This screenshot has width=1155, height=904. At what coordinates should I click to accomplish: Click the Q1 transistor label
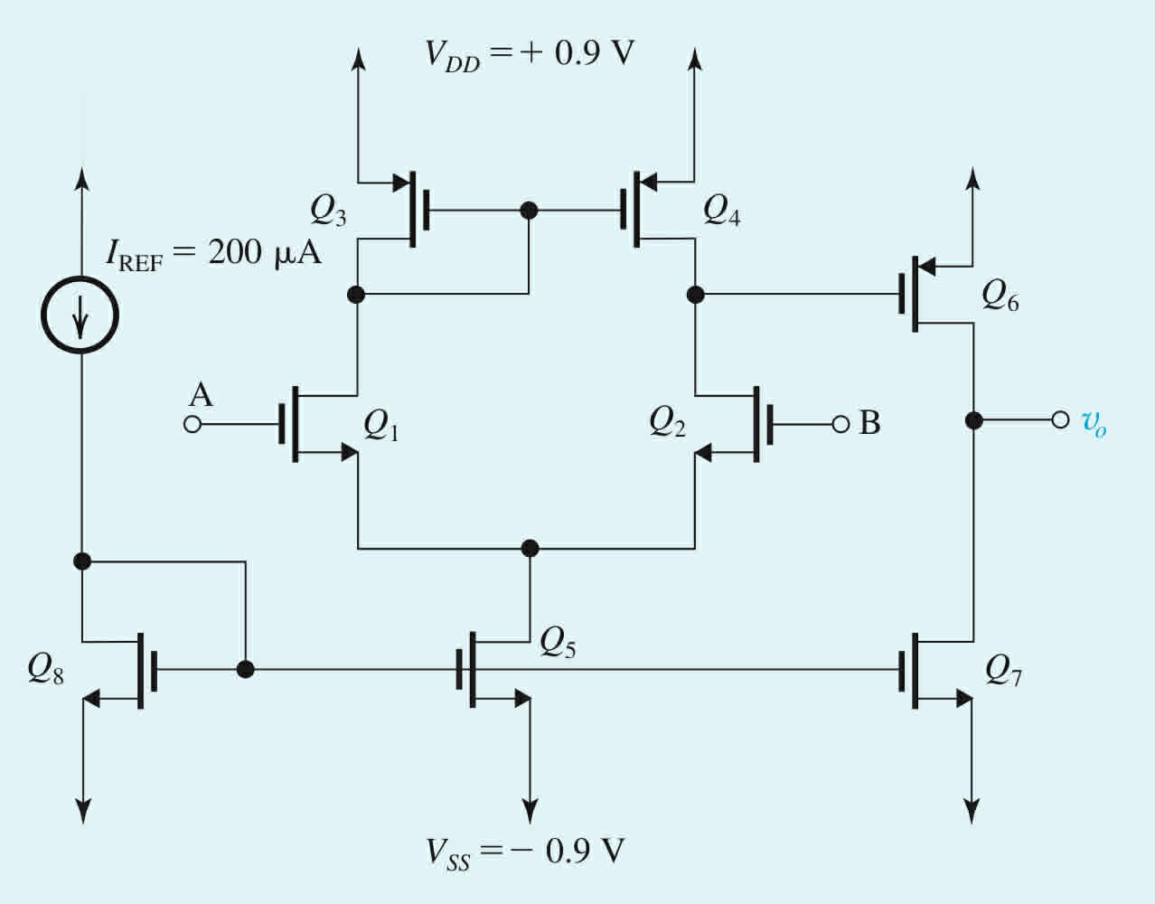coord(380,425)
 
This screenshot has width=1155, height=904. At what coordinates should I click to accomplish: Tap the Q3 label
coord(328,212)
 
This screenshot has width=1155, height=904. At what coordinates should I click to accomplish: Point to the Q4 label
coord(721,212)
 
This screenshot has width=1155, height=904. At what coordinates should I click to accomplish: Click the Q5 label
coord(558,642)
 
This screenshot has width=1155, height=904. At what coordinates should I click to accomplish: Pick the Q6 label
coord(1000,297)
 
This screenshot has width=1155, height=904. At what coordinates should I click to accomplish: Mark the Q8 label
coord(46,669)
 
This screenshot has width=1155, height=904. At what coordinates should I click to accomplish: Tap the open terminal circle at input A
coord(192,423)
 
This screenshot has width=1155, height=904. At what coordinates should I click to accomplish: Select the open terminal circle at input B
coord(840,423)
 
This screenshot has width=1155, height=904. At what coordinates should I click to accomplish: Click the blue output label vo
coord(1094,422)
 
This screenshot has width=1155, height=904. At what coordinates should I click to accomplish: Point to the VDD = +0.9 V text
coord(530,53)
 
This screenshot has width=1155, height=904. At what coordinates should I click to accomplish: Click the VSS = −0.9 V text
coord(526,852)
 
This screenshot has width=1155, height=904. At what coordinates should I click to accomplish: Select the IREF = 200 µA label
coord(213,254)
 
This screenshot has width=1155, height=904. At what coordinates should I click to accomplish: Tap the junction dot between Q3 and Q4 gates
coord(530,211)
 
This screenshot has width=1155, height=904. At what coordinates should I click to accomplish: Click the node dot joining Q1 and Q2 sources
coord(531,548)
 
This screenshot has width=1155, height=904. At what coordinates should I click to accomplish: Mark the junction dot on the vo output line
coord(972,420)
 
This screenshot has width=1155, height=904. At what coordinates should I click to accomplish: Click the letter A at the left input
coord(201,395)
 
